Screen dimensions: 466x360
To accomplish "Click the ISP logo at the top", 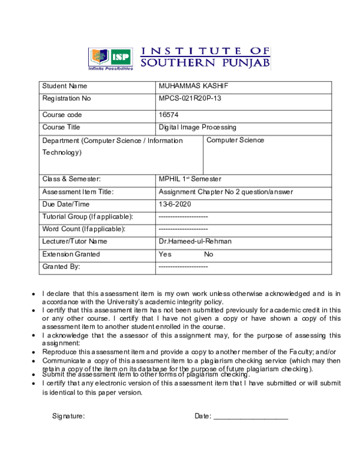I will pos(111,58).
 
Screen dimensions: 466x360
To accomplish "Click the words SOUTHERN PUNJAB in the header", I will pos(205,62).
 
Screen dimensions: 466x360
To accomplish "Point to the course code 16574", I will pos(169,115).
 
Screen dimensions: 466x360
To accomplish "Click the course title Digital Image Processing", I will pos(197,127).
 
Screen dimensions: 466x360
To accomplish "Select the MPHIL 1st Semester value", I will pos(190,179).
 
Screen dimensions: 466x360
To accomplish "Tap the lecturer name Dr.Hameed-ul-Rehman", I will pos(195,241).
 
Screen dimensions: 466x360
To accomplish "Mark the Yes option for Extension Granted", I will pos(165,254).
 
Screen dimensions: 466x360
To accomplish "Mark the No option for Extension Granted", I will pos(208,254).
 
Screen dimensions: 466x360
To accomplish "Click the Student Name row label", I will pos(65,86).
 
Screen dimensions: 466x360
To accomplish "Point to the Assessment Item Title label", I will pos(78,192).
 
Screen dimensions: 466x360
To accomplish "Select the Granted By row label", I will pos(61,266).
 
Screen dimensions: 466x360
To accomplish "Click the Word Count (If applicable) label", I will pos(83,229).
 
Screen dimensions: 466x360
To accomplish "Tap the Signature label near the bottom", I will pos(68,416).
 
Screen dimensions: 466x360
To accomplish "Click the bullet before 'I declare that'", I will pos(33,294).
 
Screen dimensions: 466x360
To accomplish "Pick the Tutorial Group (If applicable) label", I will pos(87,216).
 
